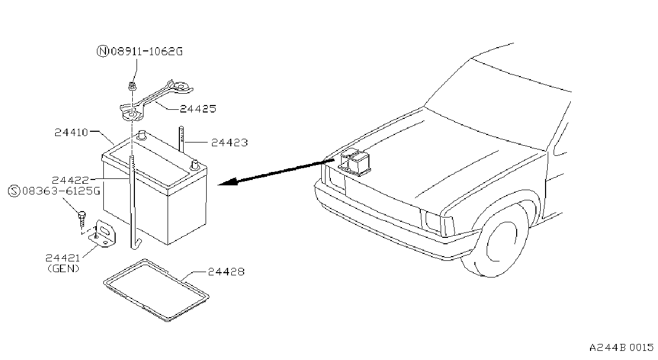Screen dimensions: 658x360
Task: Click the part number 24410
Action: coord(71,132)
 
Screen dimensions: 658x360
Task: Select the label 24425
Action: coord(198,109)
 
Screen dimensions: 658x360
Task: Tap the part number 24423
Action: coord(230,143)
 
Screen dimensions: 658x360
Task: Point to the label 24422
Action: coord(71,180)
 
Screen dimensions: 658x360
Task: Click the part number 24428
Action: coord(226,272)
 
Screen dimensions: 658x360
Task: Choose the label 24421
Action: coord(63,258)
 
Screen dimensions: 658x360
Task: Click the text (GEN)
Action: coord(64,268)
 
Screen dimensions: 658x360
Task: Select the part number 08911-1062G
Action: coord(147,52)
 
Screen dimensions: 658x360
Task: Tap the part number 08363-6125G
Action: coord(62,191)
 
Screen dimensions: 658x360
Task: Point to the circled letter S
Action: coord(14,191)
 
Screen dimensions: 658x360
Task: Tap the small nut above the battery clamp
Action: coord(132,86)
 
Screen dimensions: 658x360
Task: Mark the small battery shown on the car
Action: coord(354,162)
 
